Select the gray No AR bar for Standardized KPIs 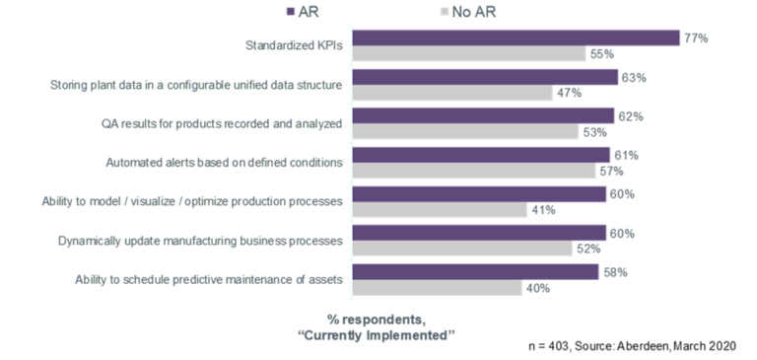coord(467,54)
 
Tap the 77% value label coord(697,37)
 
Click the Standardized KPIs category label coord(293,45)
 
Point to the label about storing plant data coord(196,85)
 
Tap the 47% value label coord(569,94)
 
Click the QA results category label coord(221,123)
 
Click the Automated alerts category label coord(224,163)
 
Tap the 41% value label coord(543,210)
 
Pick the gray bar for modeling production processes coord(440,210)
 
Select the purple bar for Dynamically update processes coord(479,232)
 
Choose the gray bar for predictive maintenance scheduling coord(438,288)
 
